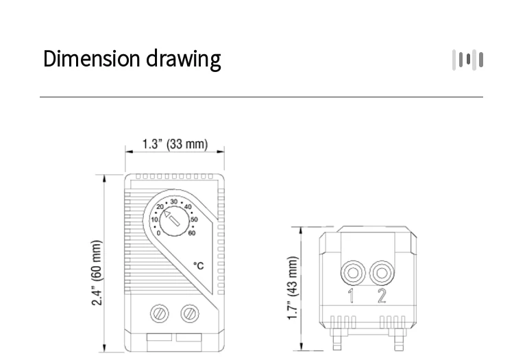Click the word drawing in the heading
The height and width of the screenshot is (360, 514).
tap(184, 60)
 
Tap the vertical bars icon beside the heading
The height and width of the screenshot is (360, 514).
tap(468, 60)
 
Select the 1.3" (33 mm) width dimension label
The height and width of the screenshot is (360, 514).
tap(175, 145)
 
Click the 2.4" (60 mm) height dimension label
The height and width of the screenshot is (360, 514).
tap(97, 273)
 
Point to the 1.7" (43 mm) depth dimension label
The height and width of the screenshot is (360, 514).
tap(293, 289)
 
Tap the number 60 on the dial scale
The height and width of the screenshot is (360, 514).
tap(192, 233)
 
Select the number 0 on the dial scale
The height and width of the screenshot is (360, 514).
tap(158, 233)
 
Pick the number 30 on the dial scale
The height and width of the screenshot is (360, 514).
tap(174, 202)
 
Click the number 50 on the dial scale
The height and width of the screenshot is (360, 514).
tap(194, 219)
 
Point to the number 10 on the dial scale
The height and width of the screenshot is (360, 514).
tap(154, 219)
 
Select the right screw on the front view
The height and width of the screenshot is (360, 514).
tap(187, 313)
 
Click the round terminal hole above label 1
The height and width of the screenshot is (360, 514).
tap(352, 273)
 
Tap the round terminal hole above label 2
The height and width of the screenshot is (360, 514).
tap(380, 273)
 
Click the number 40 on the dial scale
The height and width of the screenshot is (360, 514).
tap(188, 206)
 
